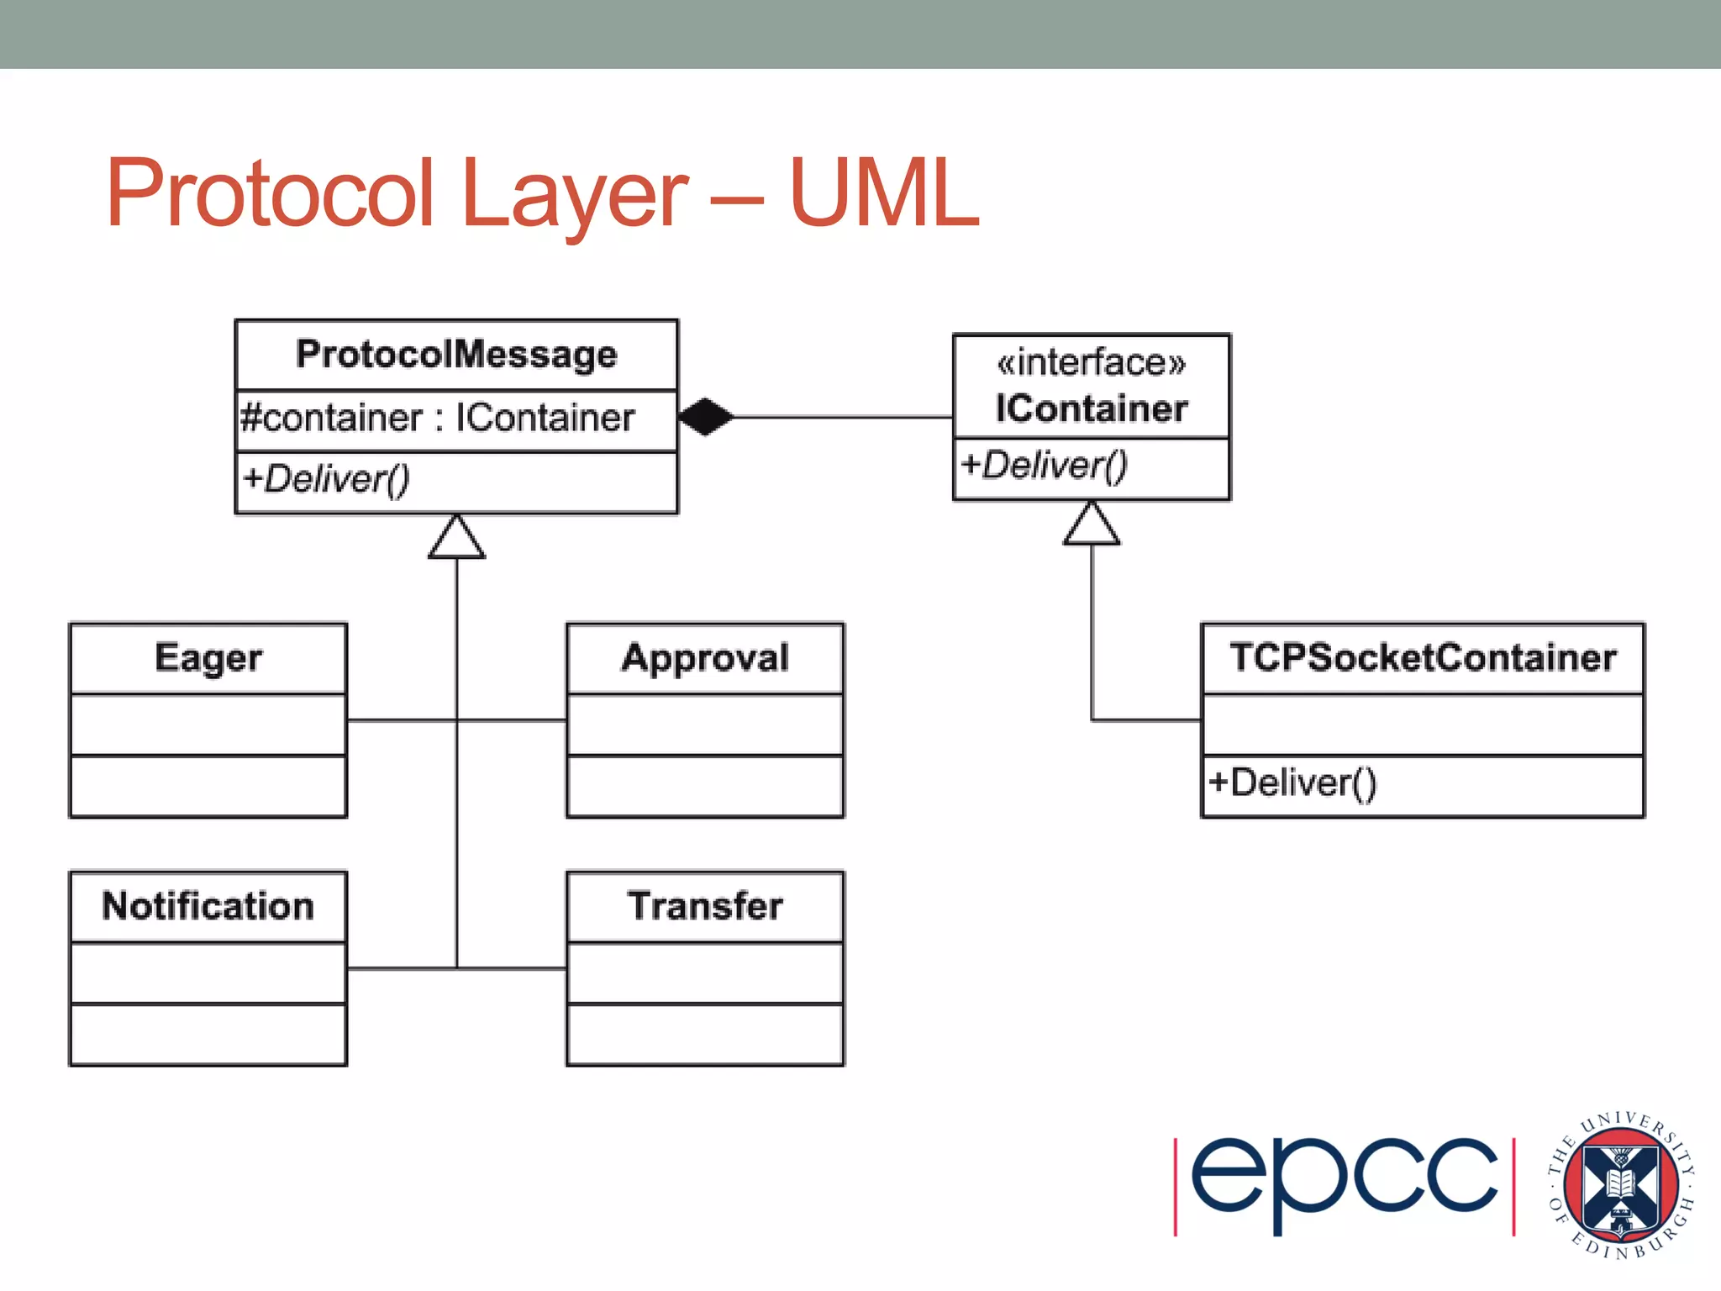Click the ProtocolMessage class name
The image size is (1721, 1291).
pos(456,354)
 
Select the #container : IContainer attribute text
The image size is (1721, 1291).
pos(437,418)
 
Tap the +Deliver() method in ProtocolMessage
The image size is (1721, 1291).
pos(326,479)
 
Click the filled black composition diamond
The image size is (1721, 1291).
pos(705,416)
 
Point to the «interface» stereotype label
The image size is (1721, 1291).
pos(1091,362)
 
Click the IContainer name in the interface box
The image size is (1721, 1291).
pos(1091,408)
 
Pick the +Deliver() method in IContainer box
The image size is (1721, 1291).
pos(1044,465)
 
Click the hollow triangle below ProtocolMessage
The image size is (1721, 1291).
pos(456,538)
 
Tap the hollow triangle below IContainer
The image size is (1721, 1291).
pos(1091,524)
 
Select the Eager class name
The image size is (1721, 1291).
pos(208,657)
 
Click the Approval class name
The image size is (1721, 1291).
pos(705,657)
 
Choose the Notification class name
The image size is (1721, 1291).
pos(208,906)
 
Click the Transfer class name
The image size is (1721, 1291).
pos(705,906)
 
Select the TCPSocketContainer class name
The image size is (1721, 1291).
pos(1423,657)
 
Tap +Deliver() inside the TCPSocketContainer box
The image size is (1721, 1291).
pos(1292,783)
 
